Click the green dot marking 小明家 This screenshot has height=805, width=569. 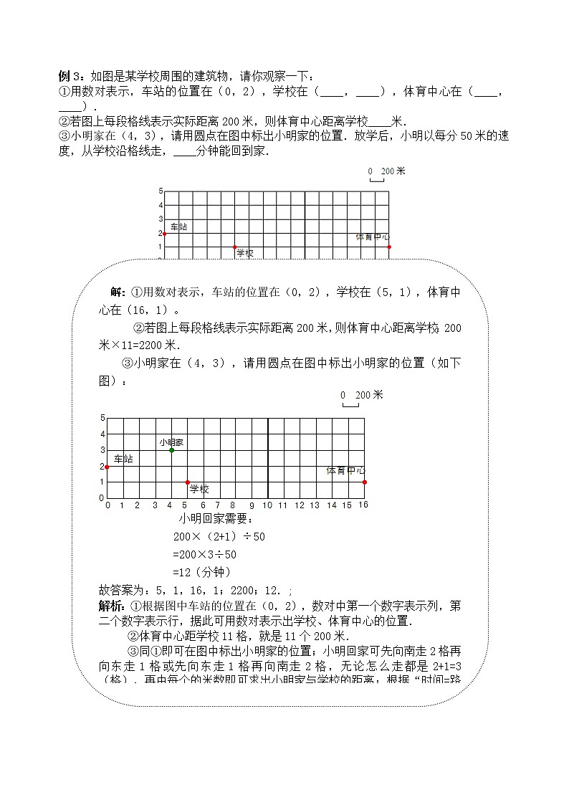pos(171,450)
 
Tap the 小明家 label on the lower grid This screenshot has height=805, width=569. pos(171,442)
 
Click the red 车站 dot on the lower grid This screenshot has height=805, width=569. pos(107,467)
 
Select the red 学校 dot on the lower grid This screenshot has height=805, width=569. pos(188,482)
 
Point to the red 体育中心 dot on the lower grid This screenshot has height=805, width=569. pos(364,482)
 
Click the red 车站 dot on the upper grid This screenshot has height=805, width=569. pos(164,234)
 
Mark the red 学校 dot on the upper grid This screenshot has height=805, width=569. pos(234,247)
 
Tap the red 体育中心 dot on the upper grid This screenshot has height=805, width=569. pos(389,247)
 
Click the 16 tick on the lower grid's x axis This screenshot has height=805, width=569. pos(363,505)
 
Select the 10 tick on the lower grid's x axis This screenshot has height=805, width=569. pos(267,505)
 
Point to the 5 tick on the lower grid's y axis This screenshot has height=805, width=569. pos(102,418)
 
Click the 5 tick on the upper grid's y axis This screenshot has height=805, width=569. pos(161,191)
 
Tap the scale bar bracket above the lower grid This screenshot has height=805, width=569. pos(350,405)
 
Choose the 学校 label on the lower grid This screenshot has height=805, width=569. pos(199,490)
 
